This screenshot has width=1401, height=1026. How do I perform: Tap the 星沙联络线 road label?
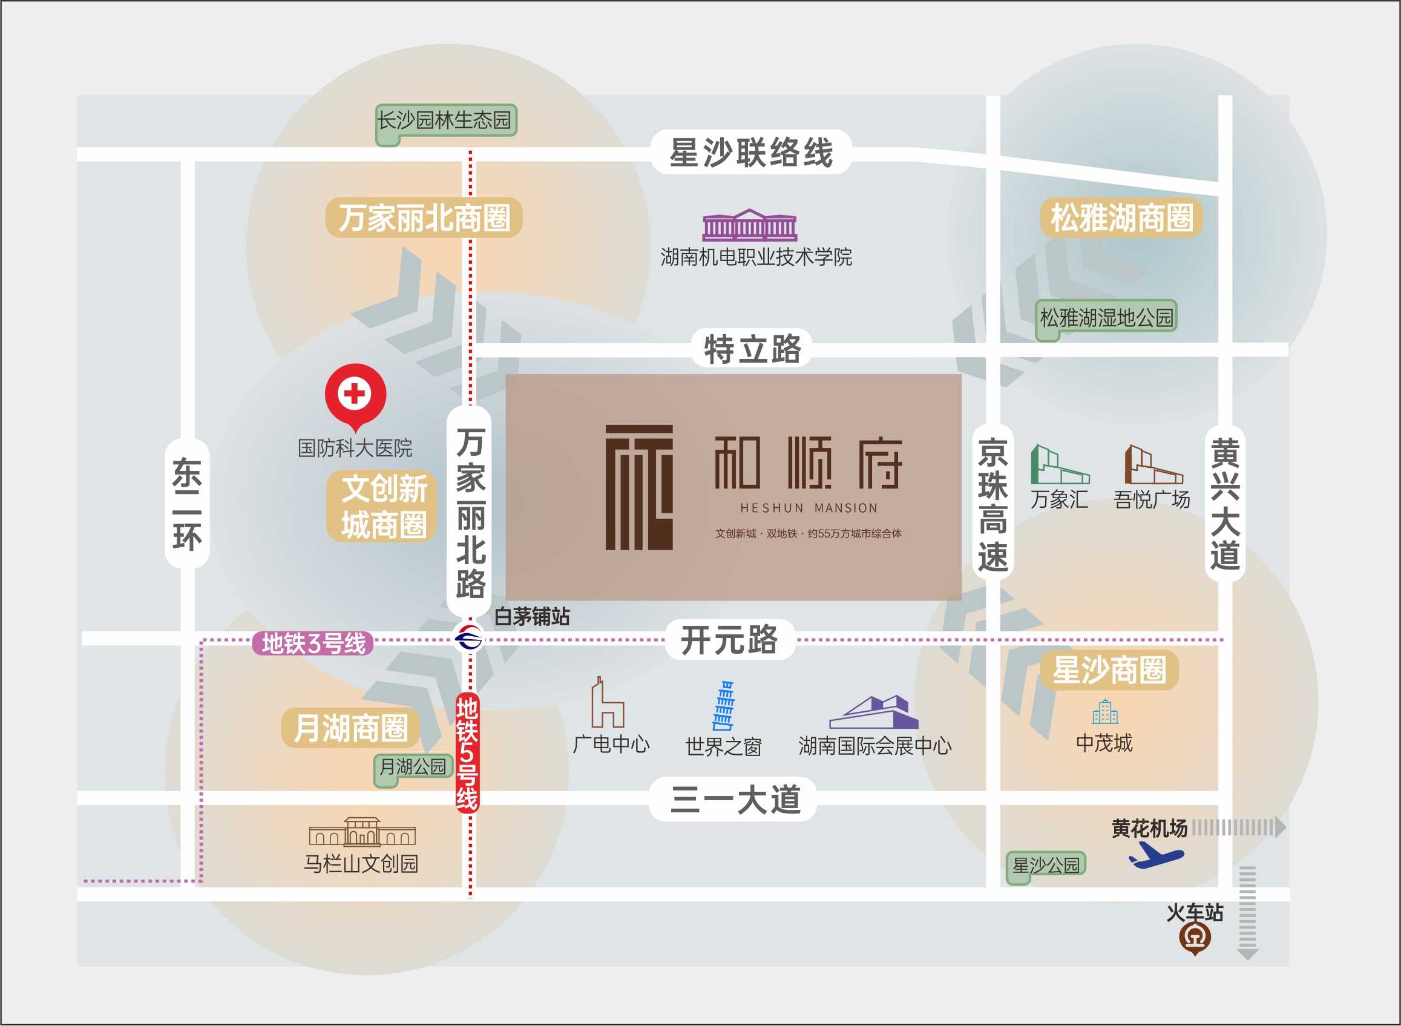coord(751,152)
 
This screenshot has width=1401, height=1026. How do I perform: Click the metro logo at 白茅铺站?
coord(469,638)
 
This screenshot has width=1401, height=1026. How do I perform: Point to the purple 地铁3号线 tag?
coord(313,643)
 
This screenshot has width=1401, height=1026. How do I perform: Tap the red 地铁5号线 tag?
coord(467,753)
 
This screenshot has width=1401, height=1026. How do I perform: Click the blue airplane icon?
coord(1156,856)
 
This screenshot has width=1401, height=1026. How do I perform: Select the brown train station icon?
coord(1195,938)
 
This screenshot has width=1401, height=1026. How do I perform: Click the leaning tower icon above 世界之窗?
coord(723,706)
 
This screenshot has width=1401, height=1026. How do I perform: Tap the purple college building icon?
coord(750,225)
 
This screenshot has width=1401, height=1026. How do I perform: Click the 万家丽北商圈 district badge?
coord(424,218)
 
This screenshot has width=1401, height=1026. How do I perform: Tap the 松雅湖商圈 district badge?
coord(1121,218)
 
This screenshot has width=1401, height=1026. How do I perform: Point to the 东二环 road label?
coord(187,503)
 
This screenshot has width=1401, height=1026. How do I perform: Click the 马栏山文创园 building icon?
coord(362,832)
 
